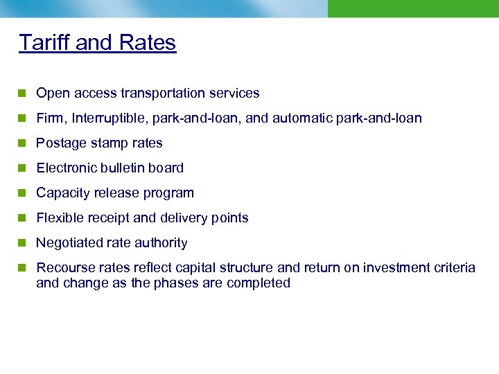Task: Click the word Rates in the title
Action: (148, 42)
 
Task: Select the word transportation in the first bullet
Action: (165, 93)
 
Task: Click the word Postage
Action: (60, 143)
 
